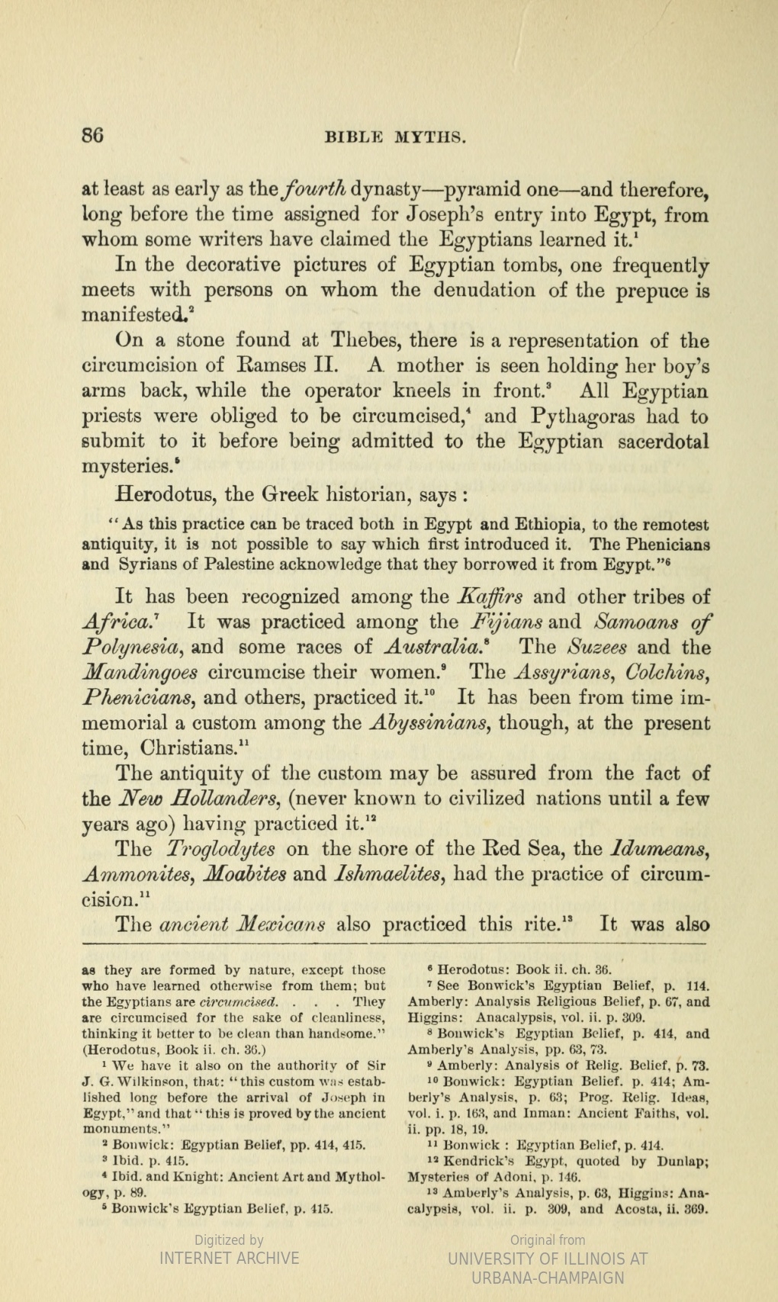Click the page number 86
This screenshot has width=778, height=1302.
pyautogui.click(x=92, y=137)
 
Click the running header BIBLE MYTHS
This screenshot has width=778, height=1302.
pyautogui.click(x=395, y=138)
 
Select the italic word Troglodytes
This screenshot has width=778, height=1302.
pyautogui.click(x=221, y=849)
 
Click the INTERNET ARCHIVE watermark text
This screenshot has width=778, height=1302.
pyautogui.click(x=229, y=1258)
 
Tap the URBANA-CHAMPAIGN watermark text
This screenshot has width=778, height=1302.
pyautogui.click(x=548, y=1278)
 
